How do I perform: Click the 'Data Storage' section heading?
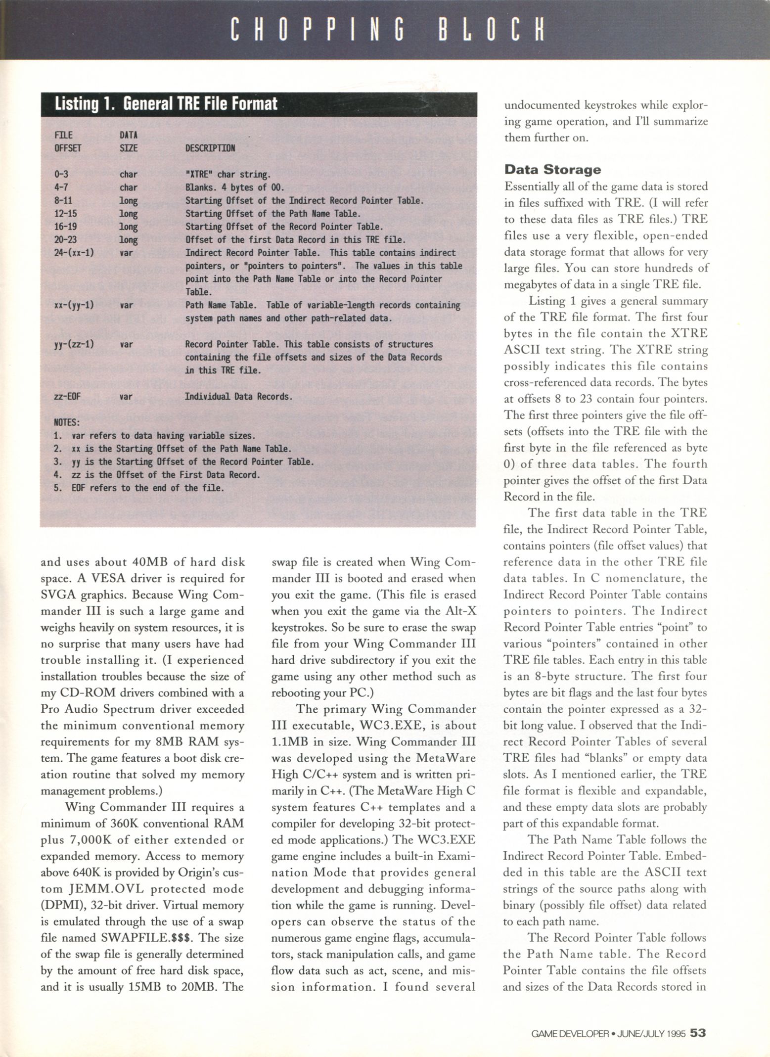(552, 170)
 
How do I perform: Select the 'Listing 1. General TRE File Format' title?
(166, 104)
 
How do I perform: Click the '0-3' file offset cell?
(62, 175)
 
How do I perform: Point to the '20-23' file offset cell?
(67, 240)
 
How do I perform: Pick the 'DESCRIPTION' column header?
(210, 148)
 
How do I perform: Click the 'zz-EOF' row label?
(67, 396)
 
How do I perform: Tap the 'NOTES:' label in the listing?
(66, 423)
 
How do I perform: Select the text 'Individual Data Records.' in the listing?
(238, 396)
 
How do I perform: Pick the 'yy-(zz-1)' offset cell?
(74, 344)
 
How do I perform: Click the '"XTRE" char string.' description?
(227, 175)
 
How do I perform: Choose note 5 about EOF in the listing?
(139, 488)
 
